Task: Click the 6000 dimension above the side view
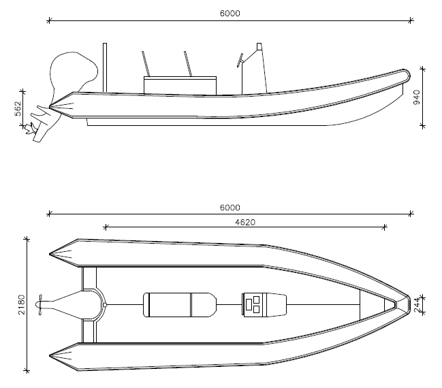[x=230, y=14]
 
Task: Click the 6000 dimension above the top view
[x=230, y=208]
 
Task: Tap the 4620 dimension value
[x=245, y=223]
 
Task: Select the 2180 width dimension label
[x=22, y=304]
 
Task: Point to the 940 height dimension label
[x=416, y=97]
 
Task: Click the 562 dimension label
[x=18, y=108]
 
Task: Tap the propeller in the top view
[x=40, y=304]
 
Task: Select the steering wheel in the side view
[x=240, y=61]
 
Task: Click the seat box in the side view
[x=180, y=86]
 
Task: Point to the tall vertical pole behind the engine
[x=105, y=67]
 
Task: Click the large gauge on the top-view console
[x=249, y=304]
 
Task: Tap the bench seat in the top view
[x=180, y=305]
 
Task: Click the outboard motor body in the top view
[x=67, y=304]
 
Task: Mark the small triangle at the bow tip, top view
[x=391, y=304]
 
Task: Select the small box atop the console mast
[x=259, y=46]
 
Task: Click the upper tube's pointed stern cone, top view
[x=63, y=253]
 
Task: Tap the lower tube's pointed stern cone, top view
[x=63, y=357]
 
